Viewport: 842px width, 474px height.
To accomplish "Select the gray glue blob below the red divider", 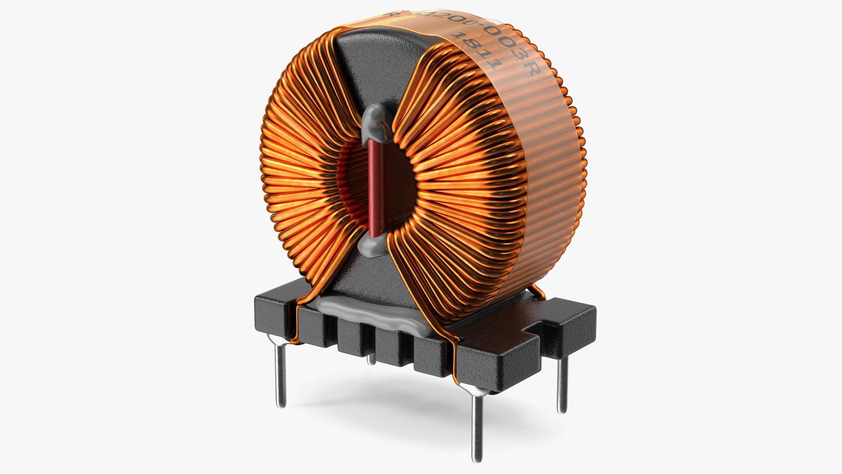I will (x=374, y=248).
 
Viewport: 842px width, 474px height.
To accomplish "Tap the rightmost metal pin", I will (x=562, y=382).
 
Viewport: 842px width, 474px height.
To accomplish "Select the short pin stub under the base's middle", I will (x=371, y=359).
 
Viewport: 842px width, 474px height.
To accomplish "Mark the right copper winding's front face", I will (x=460, y=184).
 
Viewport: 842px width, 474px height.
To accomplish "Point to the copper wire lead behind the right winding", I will (x=539, y=291).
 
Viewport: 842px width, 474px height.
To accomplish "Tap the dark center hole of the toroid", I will (x=397, y=184).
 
